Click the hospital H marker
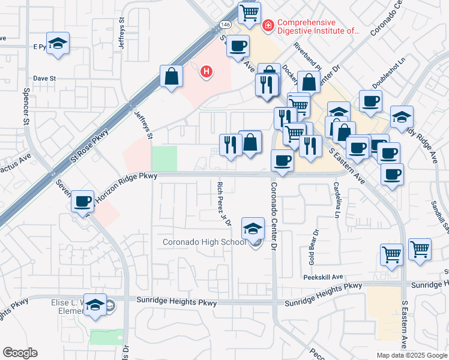click(206, 72)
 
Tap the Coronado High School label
click(205, 242)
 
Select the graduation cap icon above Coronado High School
click(253, 228)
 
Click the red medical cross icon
click(268, 25)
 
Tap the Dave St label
click(44, 78)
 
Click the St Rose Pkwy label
click(89, 146)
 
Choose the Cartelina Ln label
click(337, 200)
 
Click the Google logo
click(20, 353)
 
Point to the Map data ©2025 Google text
click(412, 355)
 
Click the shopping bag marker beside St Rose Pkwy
click(172, 76)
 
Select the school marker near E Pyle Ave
click(58, 43)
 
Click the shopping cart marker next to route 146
click(249, 12)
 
